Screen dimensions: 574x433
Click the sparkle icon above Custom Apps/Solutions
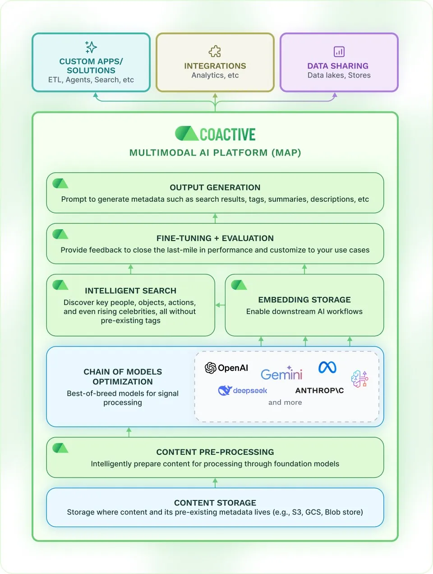coord(91,47)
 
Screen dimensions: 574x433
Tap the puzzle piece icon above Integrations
coord(215,51)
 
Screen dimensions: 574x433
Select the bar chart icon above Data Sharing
coord(339,51)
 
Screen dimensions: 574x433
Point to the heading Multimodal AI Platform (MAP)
coord(215,153)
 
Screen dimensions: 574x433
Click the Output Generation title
coord(215,187)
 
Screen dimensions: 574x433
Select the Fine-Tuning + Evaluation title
coord(215,238)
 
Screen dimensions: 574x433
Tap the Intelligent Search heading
coord(130,291)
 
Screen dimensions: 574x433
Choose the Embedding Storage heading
coord(304,300)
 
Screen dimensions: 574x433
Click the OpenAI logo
coord(226,368)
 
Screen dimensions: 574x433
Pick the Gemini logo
coord(281,374)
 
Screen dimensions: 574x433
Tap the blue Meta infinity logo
coord(327,367)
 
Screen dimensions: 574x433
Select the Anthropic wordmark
coord(319,390)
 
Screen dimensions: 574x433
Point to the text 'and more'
coord(285,403)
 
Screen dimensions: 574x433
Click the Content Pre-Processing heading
coord(215,452)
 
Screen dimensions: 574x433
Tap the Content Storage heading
coord(215,503)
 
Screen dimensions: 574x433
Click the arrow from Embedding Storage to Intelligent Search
coord(220,305)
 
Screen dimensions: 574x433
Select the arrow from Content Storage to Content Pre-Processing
coord(215,483)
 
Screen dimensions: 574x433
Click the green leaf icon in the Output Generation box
coord(60,183)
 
